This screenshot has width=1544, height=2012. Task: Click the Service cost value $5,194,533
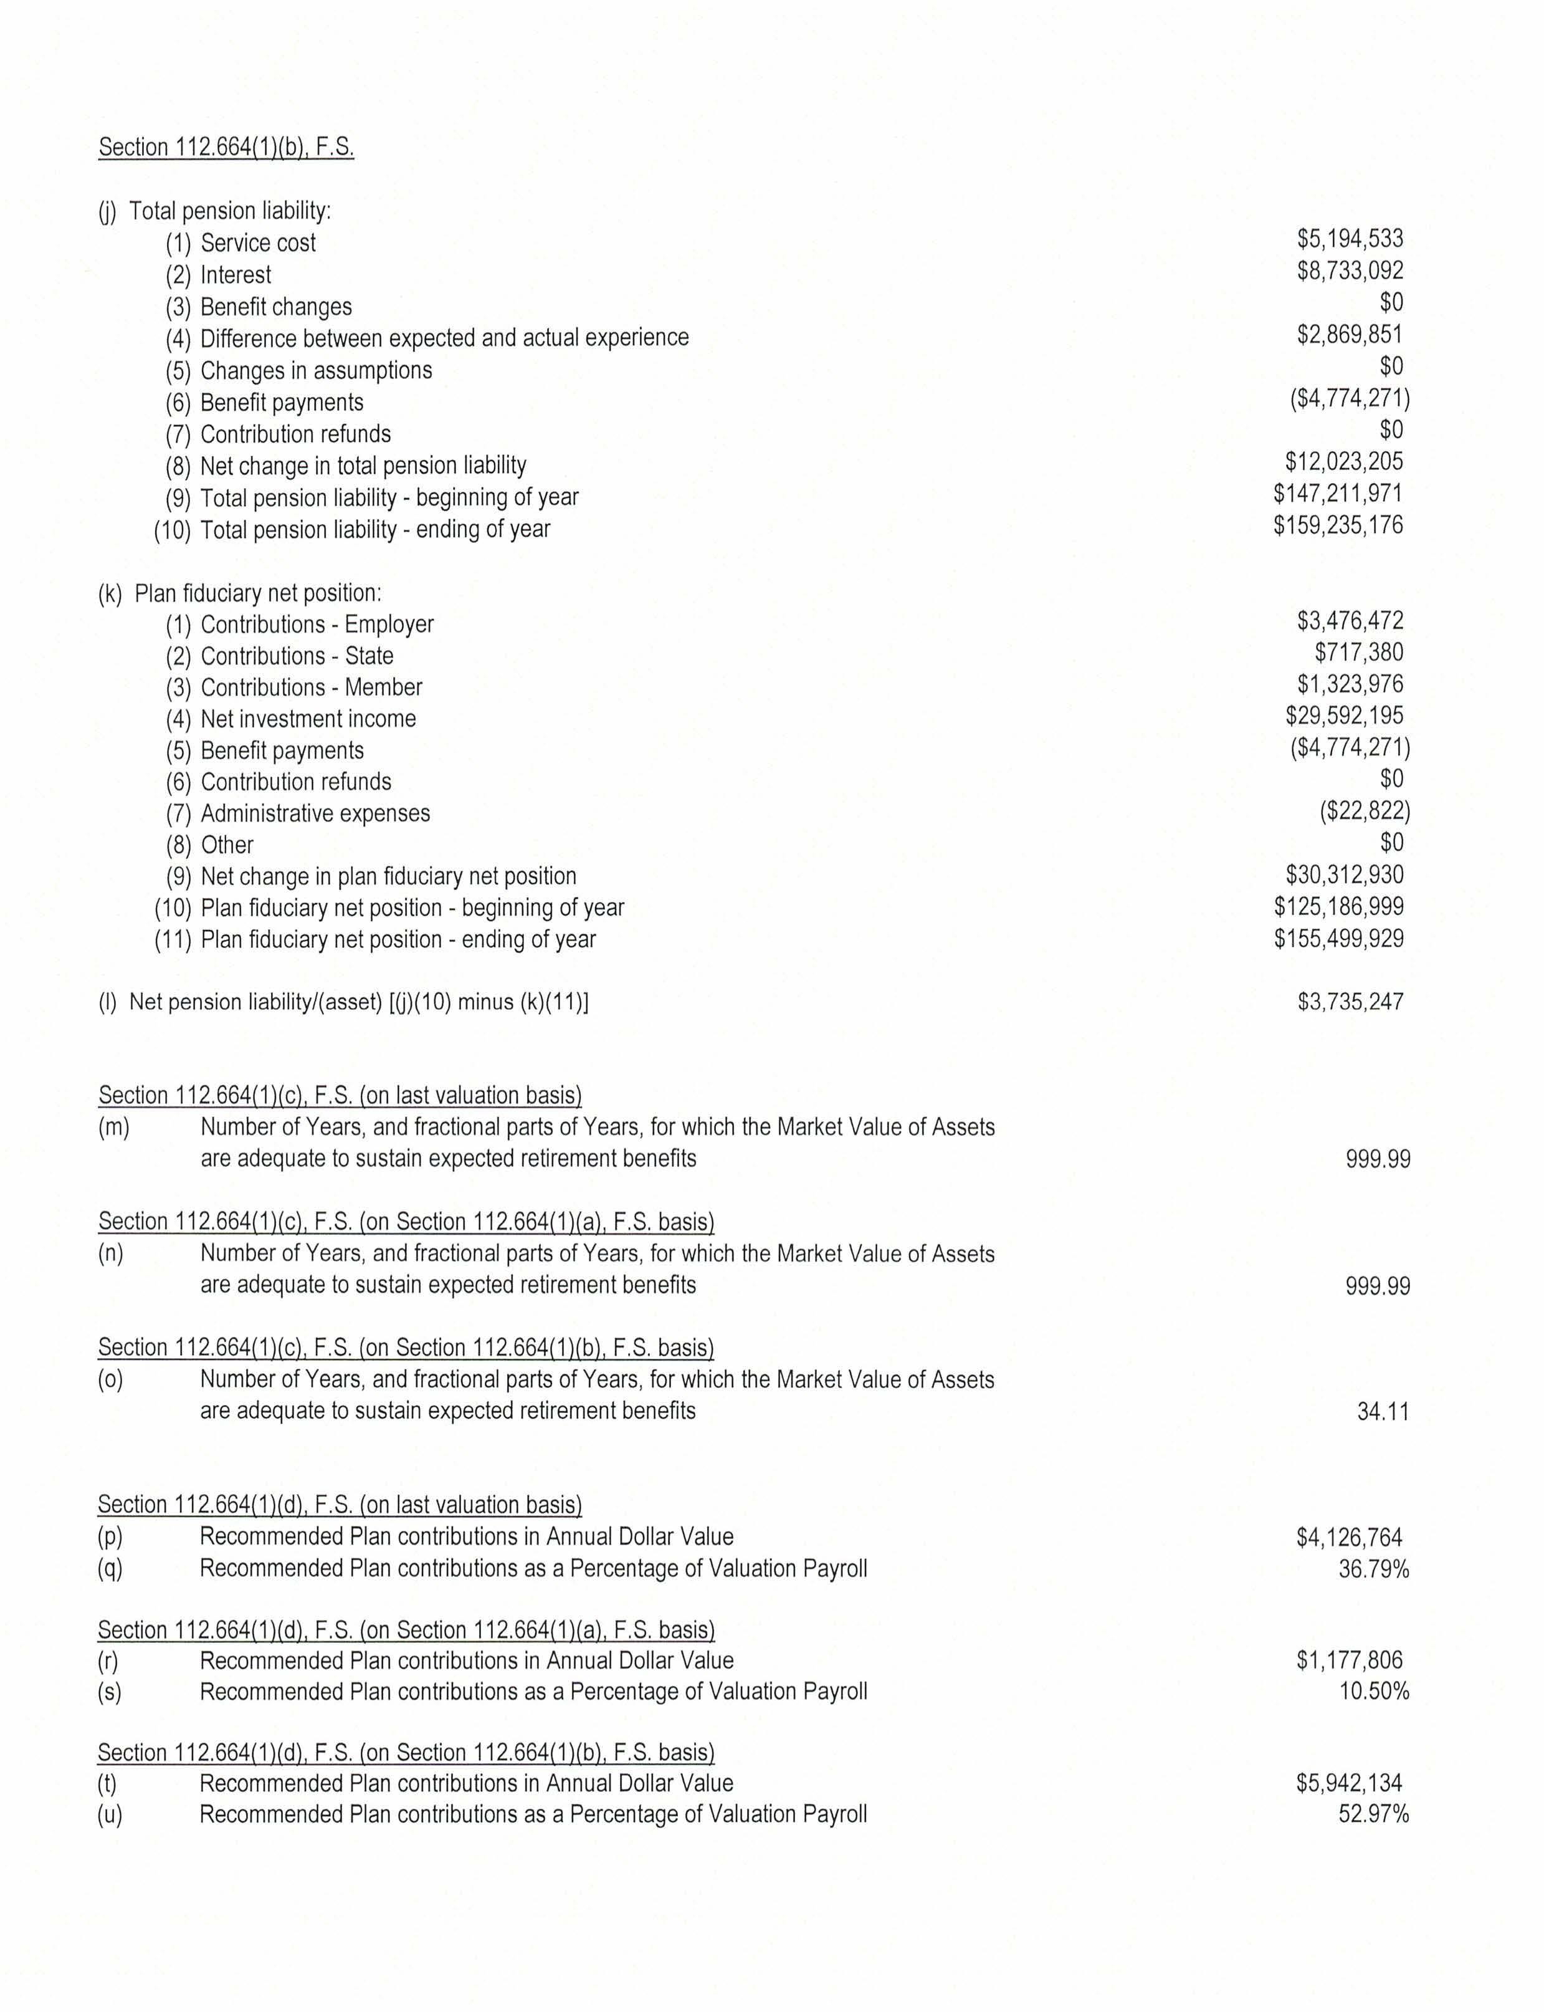[1349, 239]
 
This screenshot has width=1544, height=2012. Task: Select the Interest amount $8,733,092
[1349, 271]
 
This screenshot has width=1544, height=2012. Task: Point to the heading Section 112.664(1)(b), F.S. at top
[226, 148]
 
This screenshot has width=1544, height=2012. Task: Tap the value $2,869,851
[1349, 335]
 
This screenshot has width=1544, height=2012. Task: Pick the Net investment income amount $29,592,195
[1343, 716]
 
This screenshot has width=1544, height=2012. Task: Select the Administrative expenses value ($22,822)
[1364, 811]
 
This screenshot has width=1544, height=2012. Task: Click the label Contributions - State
[297, 656]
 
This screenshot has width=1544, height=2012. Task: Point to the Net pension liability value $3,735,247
[1349, 1002]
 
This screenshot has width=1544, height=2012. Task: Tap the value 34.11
[1382, 1412]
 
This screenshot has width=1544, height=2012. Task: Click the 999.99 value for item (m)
[1377, 1160]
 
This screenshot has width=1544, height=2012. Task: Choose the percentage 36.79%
[1373, 1569]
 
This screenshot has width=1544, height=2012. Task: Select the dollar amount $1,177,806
[1349, 1660]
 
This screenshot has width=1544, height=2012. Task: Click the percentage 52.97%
[1373, 1814]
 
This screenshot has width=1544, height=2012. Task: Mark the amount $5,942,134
[1349, 1784]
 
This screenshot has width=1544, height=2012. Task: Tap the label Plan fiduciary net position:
[257, 594]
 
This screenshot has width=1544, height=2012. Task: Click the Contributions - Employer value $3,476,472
[1349, 621]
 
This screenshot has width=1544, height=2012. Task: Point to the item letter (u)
[110, 1815]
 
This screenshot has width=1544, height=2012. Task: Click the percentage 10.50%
[1373, 1691]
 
